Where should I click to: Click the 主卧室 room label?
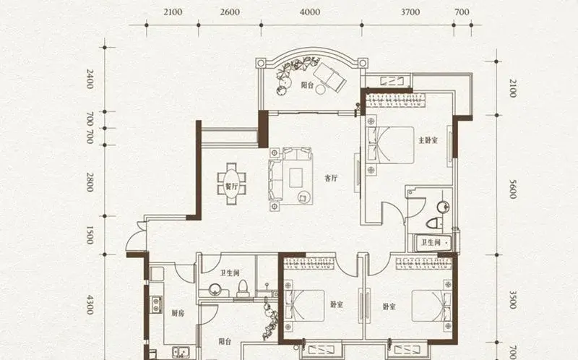pos(428,140)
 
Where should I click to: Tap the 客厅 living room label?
pos(331,178)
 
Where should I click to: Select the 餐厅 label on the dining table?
pos(231,187)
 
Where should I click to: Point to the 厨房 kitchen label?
pos(178,313)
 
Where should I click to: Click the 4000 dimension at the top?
pos(310,12)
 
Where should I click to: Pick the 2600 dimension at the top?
pos(230,12)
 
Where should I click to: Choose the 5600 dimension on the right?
pos(512,189)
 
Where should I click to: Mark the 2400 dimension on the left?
pos(90,79)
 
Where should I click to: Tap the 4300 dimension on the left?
pos(90,304)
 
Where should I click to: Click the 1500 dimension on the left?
pos(90,235)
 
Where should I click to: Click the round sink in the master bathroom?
pos(443,207)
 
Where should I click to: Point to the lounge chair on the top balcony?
pos(329,77)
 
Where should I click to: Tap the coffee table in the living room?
pos(296,178)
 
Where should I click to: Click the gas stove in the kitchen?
pos(156,304)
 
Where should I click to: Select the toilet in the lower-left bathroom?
pos(243,288)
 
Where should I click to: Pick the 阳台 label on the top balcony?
pos(307,85)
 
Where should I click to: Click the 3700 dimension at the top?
pos(410,12)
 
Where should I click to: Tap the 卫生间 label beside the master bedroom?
pos(431,242)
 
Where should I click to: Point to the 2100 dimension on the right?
pos(512,88)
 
